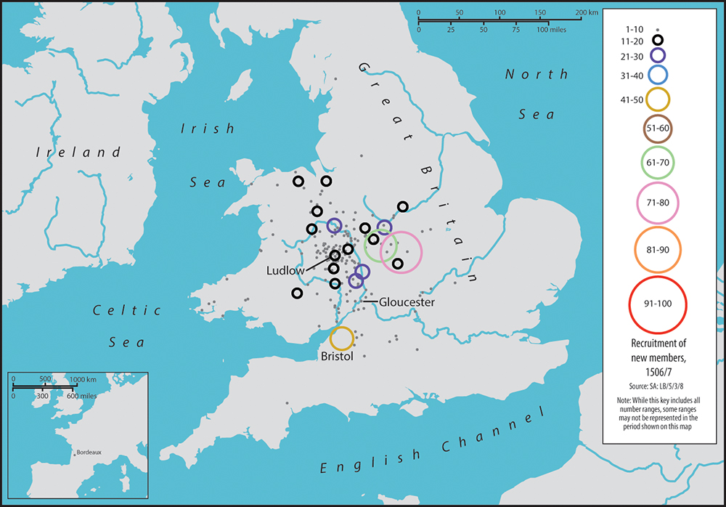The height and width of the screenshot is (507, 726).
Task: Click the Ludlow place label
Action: pyautogui.click(x=284, y=270)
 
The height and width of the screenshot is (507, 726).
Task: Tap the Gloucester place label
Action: pyautogui.click(x=406, y=302)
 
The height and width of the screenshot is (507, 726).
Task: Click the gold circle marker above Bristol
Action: pyautogui.click(x=342, y=338)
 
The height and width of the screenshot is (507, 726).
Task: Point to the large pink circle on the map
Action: pyautogui.click(x=400, y=251)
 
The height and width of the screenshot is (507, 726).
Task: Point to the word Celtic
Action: pyautogui.click(x=127, y=311)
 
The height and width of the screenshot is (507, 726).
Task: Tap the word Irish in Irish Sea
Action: pyautogui.click(x=208, y=129)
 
